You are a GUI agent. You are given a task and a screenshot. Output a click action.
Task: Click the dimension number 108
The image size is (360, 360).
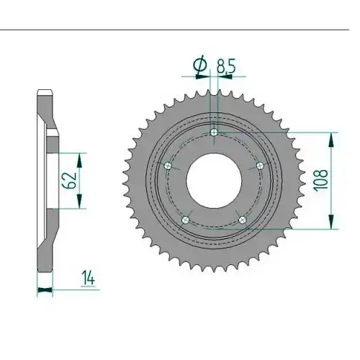coord(321,180)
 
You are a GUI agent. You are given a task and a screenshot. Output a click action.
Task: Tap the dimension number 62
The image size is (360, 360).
coord(69,180)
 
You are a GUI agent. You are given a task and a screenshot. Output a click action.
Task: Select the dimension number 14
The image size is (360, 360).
coord(88,278)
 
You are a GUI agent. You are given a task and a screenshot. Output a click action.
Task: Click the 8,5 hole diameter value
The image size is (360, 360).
coord(226,66)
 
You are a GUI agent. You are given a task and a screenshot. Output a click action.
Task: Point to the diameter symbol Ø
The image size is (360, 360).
coord(200,64)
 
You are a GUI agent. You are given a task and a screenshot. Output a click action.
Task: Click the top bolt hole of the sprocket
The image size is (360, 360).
coord(214,132)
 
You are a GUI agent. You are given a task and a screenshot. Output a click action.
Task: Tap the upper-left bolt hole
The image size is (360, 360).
coord(168,166)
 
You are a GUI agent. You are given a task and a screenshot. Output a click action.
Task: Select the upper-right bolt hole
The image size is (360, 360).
coord(260,166)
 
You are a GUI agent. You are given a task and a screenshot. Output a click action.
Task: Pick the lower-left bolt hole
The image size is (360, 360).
coord(186,220)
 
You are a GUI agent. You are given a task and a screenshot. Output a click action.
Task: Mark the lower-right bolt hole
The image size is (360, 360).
coord(243,220)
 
